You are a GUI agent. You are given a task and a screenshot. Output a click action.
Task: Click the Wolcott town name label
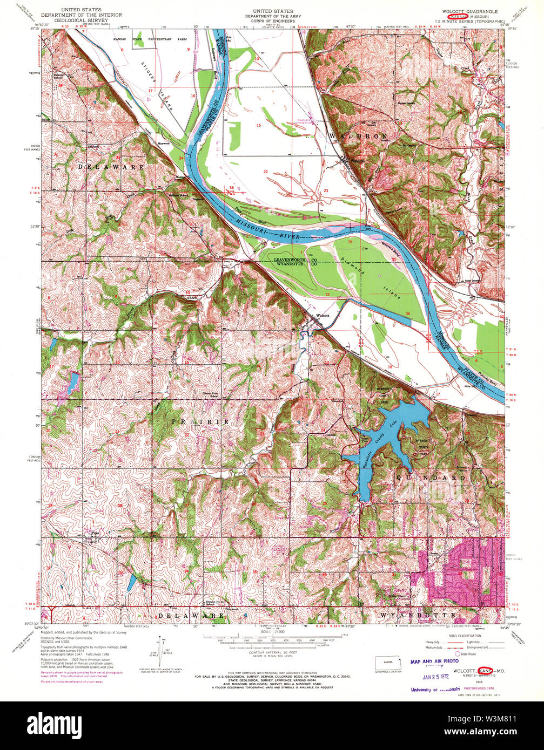[323, 316]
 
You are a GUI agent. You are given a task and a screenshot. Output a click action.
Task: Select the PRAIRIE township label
[200, 420]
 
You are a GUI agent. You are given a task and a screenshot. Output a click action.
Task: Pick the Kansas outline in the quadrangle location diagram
[387, 663]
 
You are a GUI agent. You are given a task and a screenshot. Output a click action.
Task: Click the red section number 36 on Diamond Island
[407, 313]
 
